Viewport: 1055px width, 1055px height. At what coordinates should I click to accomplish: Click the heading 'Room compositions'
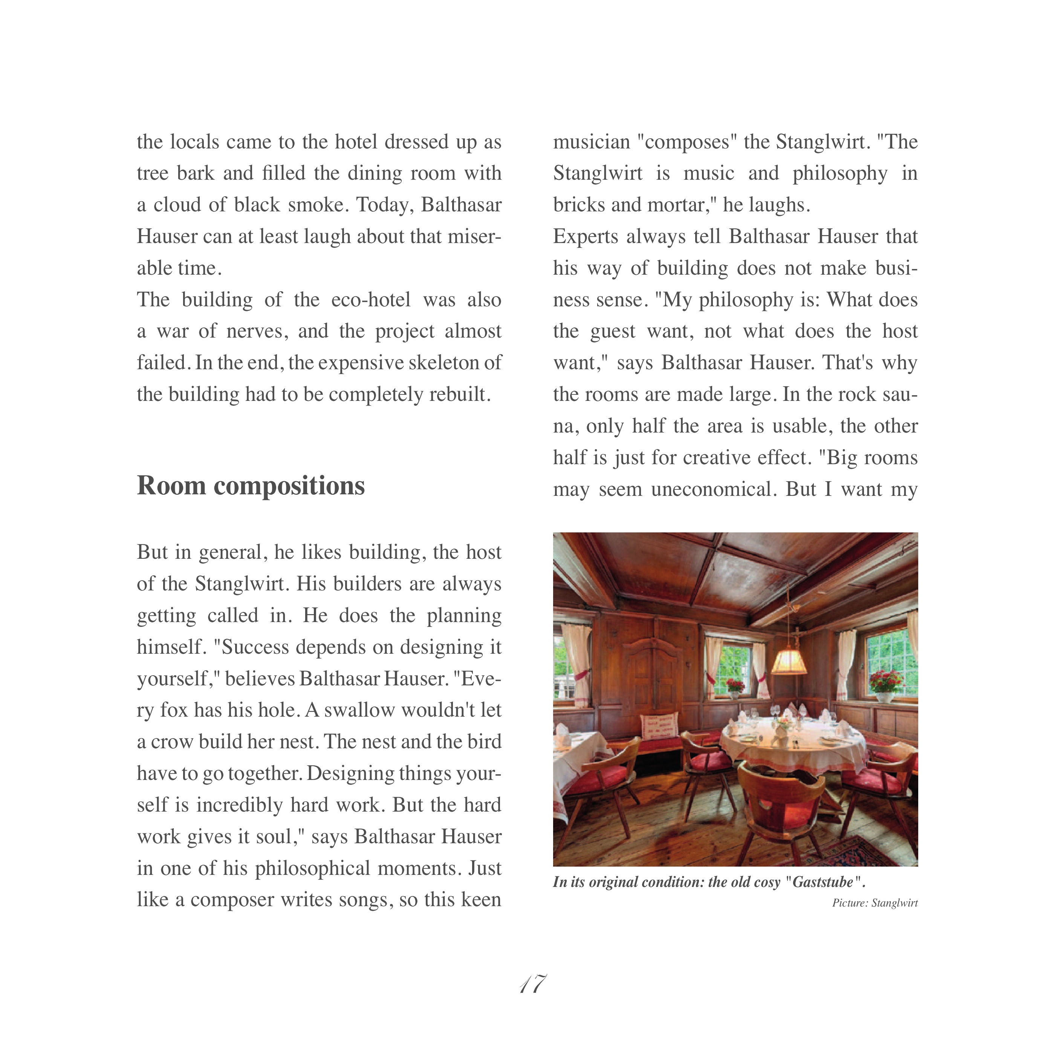pos(251,485)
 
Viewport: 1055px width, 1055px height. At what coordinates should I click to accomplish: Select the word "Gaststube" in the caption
pos(823,882)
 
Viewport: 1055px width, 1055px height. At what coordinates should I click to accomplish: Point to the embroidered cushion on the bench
pos(660,726)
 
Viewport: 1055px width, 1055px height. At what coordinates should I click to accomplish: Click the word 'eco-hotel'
pos(371,300)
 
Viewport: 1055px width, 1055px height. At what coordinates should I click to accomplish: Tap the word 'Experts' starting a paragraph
pos(585,237)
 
